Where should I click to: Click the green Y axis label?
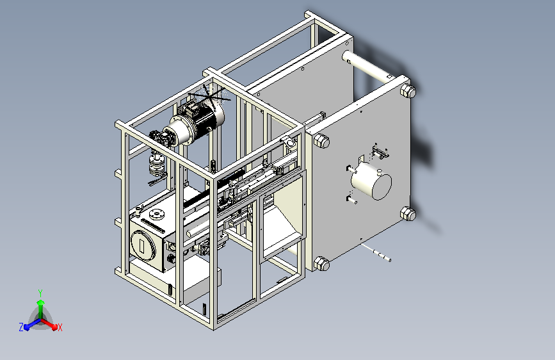(40, 293)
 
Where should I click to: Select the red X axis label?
(60, 327)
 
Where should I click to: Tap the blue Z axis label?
(21, 327)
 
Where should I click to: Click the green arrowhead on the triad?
(41, 303)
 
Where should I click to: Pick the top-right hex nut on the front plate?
(408, 91)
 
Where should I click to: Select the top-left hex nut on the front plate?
(322, 141)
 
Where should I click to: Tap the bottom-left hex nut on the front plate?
(322, 264)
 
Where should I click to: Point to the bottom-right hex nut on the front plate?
(408, 214)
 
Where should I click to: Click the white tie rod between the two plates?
(368, 66)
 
